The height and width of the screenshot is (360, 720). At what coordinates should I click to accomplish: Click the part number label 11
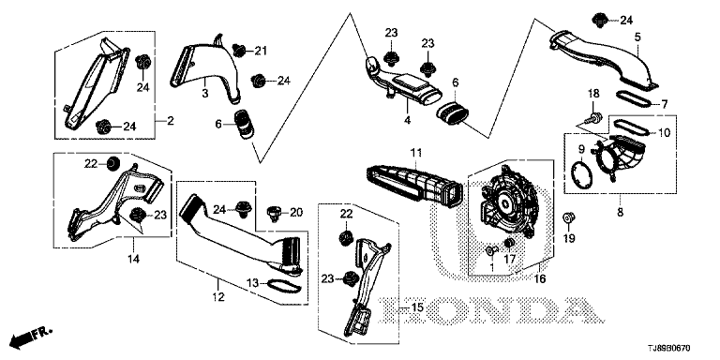click(415, 153)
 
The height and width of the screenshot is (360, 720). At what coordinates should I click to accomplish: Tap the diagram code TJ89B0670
click(669, 349)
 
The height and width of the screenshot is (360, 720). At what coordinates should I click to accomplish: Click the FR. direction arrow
click(31, 337)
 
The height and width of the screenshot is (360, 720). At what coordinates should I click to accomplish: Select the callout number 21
click(261, 51)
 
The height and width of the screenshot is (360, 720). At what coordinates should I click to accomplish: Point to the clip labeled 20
click(274, 214)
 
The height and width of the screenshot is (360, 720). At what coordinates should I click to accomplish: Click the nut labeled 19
click(569, 217)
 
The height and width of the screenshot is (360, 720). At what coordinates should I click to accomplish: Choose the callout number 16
click(540, 278)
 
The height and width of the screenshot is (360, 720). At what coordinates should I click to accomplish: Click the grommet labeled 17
click(508, 243)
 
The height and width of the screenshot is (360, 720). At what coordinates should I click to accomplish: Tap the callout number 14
click(133, 259)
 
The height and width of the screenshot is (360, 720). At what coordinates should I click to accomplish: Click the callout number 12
click(218, 296)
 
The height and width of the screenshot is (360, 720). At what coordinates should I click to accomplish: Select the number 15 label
click(417, 307)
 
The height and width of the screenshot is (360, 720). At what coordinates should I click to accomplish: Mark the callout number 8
click(620, 213)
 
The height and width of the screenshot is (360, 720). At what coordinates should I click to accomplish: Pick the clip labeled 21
click(238, 50)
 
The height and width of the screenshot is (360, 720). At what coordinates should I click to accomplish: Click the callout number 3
click(204, 93)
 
